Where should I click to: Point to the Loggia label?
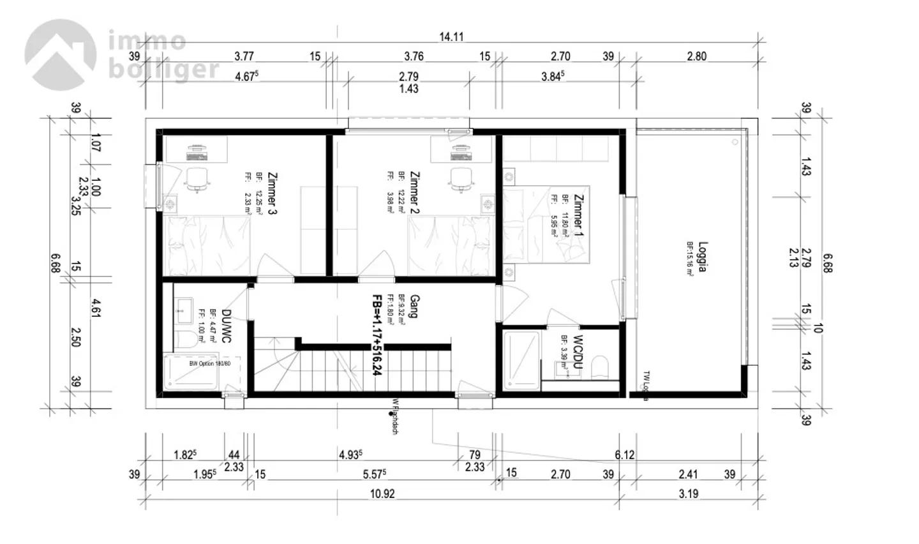point(703,257)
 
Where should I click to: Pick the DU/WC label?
point(225,326)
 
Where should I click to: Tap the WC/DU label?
point(578,349)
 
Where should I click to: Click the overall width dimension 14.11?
point(451,37)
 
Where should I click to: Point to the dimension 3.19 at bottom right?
point(688,494)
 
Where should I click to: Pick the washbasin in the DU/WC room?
point(184,311)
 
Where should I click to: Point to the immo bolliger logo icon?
point(61,54)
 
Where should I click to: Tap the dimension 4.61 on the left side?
point(96,308)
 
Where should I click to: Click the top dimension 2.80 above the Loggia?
point(696,56)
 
